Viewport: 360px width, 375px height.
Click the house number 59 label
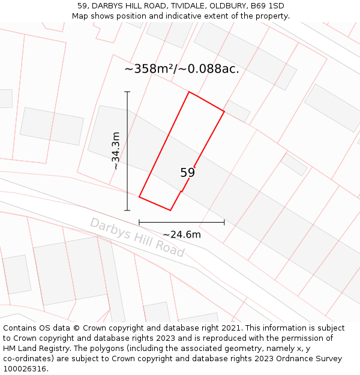click(x=188, y=173)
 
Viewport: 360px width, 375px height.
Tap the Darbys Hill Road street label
click(x=137, y=238)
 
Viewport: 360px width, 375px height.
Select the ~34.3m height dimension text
click(x=116, y=151)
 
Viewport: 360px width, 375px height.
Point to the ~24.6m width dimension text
click(x=182, y=235)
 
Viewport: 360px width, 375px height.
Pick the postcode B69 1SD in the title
click(x=268, y=6)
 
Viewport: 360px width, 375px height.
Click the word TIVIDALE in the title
click(x=184, y=6)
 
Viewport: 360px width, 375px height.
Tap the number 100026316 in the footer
click(x=23, y=369)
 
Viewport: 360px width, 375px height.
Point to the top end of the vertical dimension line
click(x=127, y=92)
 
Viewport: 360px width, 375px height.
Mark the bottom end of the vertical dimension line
click(x=127, y=211)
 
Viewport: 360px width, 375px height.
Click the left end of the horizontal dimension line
click(x=139, y=222)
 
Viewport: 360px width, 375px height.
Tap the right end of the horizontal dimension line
click(x=224, y=222)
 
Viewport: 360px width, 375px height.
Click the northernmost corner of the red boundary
click(x=190, y=92)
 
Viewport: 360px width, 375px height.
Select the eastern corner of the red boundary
click(x=224, y=112)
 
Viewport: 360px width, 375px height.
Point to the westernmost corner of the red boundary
click(x=139, y=197)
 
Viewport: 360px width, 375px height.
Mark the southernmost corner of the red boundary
click(x=170, y=211)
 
